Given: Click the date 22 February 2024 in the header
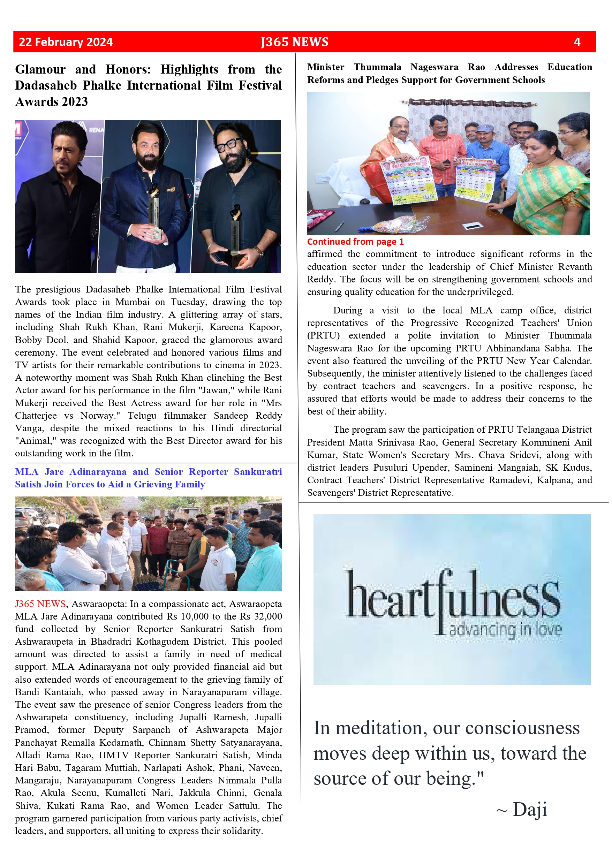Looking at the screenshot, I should (x=66, y=42).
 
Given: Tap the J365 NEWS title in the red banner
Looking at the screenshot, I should (x=294, y=42).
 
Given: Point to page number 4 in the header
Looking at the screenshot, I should (x=576, y=42).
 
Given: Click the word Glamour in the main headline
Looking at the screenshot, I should (x=40, y=69).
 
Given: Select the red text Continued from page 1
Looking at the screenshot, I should (x=355, y=242).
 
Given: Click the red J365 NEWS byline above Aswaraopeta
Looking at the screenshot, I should (x=40, y=604).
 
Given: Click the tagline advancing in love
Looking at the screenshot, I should (x=505, y=630).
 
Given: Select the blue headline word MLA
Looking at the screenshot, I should (x=27, y=472).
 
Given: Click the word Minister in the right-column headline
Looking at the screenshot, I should (x=326, y=67).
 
